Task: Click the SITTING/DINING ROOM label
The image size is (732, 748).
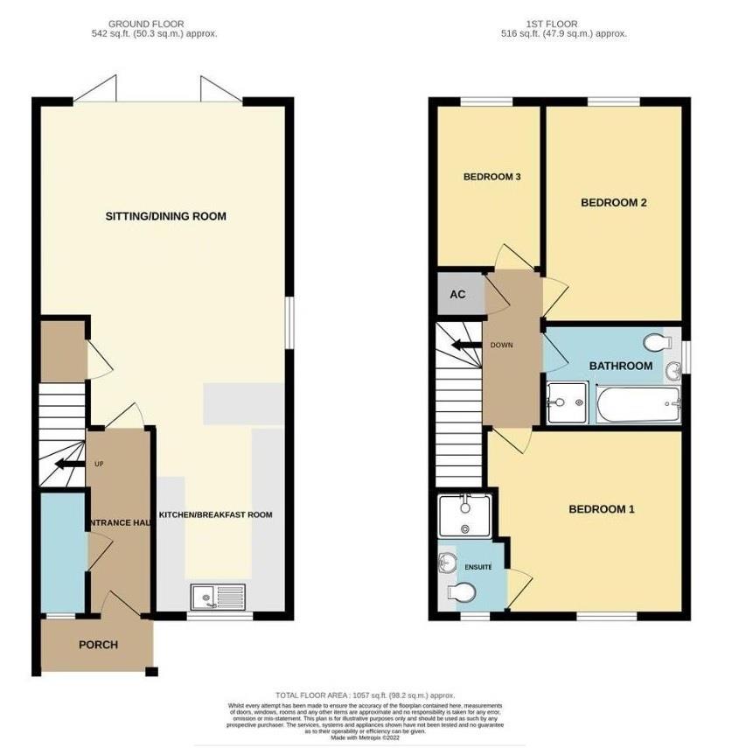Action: coord(165,216)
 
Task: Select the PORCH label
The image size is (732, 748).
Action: coord(98,645)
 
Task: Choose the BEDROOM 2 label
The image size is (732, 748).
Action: coord(613,203)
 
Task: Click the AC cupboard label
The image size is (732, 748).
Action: coord(457,294)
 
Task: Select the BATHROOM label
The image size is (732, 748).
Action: coord(620,366)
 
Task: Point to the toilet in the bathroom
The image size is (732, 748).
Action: coord(654,341)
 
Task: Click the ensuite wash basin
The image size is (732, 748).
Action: coord(444,561)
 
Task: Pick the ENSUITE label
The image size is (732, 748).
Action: coord(478,568)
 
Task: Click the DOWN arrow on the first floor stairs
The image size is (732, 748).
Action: coord(460,345)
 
